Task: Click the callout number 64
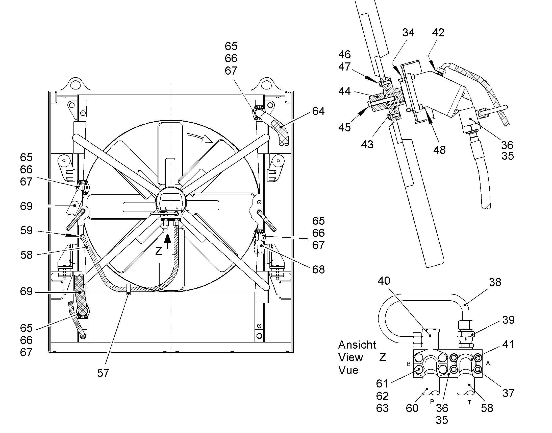click(x=318, y=111)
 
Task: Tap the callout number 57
click(x=103, y=373)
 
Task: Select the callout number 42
click(x=438, y=33)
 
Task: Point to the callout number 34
click(x=408, y=33)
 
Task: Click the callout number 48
click(x=440, y=150)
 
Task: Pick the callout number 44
click(x=345, y=91)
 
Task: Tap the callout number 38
click(x=495, y=282)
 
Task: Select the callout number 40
click(x=384, y=281)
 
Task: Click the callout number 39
click(x=509, y=320)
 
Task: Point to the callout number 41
click(x=508, y=345)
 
